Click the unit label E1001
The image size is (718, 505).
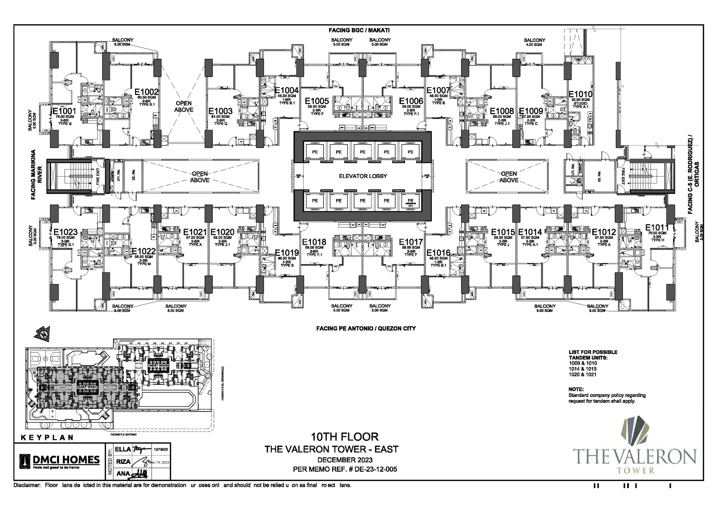click(64, 111)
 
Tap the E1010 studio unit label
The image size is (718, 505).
click(580, 94)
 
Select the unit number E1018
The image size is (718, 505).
click(314, 242)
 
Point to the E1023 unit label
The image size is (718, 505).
click(65, 232)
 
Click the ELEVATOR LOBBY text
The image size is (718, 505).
click(363, 176)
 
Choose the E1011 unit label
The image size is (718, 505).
click(657, 227)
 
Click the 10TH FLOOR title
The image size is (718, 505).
click(344, 437)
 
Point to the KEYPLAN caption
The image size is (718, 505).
click(47, 437)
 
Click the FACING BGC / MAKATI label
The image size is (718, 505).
click(359, 30)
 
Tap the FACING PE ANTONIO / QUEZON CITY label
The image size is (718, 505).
click(366, 328)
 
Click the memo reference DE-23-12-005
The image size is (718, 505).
click(369, 469)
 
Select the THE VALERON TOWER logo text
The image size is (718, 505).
click(635, 457)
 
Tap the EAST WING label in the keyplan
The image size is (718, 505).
click(88, 387)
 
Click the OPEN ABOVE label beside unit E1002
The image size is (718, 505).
click(184, 106)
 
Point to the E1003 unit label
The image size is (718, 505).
click(221, 111)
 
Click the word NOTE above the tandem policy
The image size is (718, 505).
click(576, 389)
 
